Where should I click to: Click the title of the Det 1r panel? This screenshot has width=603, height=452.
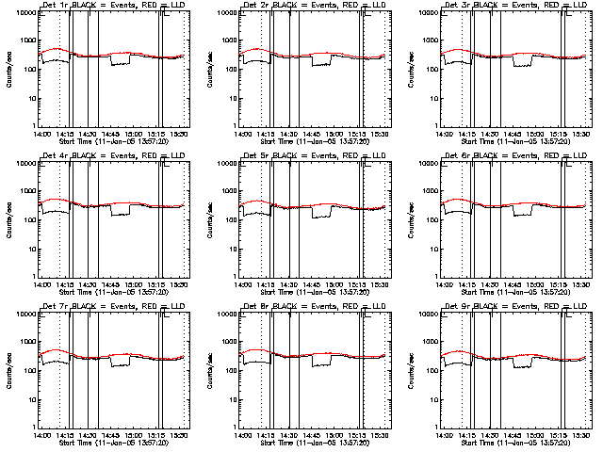[112, 7]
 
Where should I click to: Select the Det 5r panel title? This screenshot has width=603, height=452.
[314, 157]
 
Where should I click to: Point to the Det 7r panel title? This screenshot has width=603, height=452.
[112, 308]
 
